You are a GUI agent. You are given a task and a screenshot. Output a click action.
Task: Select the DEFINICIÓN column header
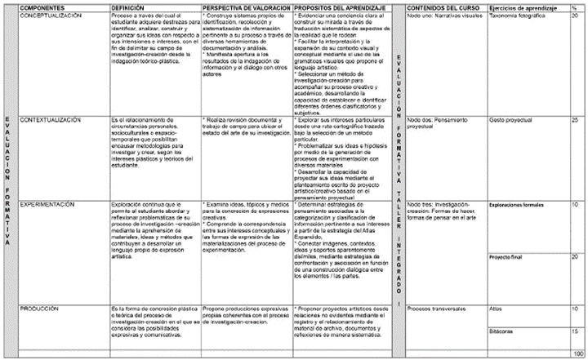click(x=129, y=7)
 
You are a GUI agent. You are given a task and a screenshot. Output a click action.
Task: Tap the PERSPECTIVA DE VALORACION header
click(x=244, y=7)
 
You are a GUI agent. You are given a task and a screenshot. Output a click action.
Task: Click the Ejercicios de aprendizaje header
click(x=523, y=7)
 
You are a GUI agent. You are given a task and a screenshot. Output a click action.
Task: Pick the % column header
click(x=574, y=7)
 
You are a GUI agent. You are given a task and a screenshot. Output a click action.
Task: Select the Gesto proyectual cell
click(x=506, y=120)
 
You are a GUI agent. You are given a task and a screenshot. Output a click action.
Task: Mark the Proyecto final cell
click(x=505, y=256)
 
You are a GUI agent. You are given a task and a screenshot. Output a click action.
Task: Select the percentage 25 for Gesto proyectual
click(x=576, y=120)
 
